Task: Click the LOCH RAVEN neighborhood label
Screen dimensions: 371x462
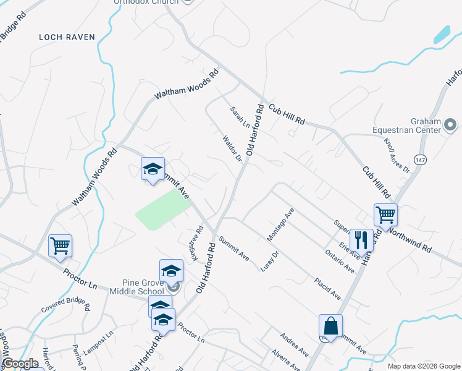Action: [x=67, y=37]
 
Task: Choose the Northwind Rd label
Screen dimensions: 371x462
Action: [x=411, y=238]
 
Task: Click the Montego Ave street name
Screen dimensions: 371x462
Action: [x=280, y=225]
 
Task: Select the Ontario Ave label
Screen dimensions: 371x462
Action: [x=340, y=260]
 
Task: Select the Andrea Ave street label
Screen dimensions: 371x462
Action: [x=294, y=345]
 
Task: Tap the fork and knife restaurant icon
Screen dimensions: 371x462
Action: [x=361, y=239]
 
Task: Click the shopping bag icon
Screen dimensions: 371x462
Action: [x=330, y=326]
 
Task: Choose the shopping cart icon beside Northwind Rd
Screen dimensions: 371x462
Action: [x=385, y=215]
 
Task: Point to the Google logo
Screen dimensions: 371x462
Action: [x=20, y=364]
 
